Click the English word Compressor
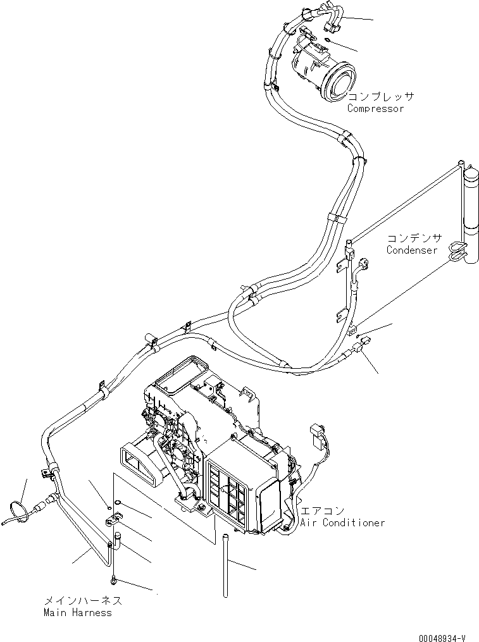point(375,109)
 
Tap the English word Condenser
point(412,250)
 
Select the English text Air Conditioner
point(342,523)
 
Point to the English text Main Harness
point(77,613)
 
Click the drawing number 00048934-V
point(442,638)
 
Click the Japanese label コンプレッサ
point(381,97)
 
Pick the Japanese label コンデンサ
point(414,238)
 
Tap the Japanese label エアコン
point(322,511)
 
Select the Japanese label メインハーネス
point(83,601)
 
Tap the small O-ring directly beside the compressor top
point(327,40)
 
